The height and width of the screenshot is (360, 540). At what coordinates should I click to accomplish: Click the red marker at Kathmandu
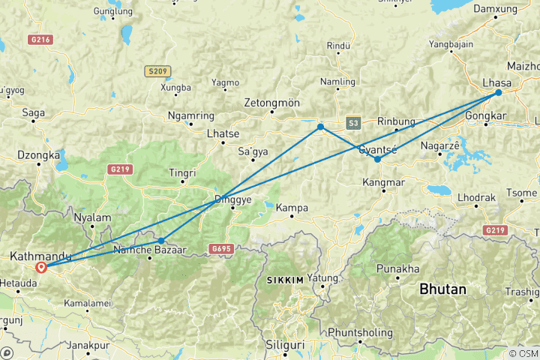coord(41,267)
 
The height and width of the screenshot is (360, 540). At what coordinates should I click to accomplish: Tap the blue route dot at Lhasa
coord(498,93)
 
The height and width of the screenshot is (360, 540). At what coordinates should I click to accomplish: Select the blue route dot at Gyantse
coord(377,159)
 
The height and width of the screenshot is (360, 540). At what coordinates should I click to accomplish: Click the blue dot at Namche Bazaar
coord(161,241)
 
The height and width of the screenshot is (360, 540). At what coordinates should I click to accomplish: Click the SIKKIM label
coord(285,280)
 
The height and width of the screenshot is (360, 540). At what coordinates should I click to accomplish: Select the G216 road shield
coord(41,39)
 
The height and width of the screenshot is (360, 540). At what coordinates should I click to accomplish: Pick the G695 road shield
coord(220,248)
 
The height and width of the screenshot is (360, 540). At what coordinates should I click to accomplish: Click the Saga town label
coord(34,112)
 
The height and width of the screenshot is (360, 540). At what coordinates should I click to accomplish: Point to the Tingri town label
coord(182,172)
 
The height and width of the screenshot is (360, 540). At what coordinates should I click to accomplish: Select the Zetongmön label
coord(271,103)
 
